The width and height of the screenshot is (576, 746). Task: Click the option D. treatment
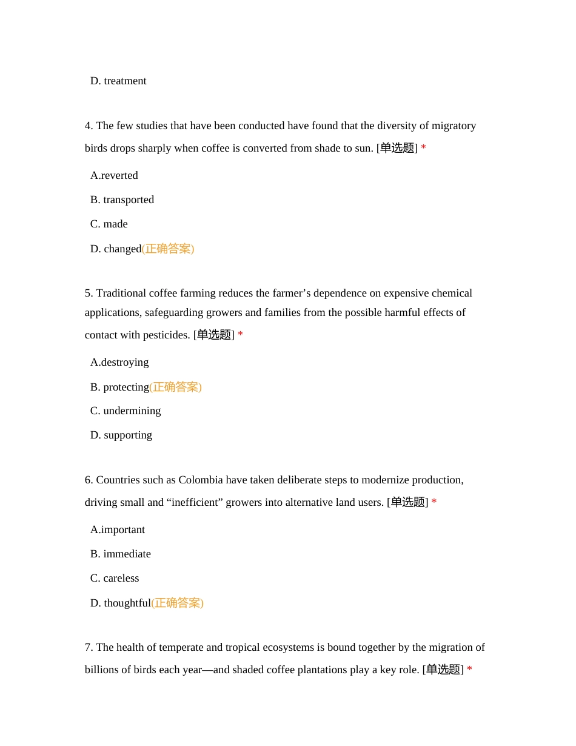click(118, 81)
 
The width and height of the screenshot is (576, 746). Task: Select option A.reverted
click(114, 175)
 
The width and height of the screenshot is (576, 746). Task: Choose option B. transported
click(122, 200)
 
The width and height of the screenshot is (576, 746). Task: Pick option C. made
click(109, 224)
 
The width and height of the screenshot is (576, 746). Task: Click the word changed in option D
click(122, 249)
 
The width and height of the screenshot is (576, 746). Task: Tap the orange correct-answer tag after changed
click(168, 249)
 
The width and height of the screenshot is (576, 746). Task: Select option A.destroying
click(119, 362)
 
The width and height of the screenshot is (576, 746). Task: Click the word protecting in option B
click(126, 387)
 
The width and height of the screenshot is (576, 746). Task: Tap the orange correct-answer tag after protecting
click(176, 387)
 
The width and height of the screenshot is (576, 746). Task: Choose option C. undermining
click(126, 411)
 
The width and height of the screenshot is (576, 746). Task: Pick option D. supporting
click(121, 435)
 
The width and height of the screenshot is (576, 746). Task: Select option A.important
click(118, 529)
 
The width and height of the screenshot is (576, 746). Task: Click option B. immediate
click(121, 554)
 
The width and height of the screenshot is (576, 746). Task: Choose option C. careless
click(115, 578)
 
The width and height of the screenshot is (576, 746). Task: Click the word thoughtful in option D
click(127, 603)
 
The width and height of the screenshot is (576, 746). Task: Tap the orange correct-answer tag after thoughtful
click(178, 603)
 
